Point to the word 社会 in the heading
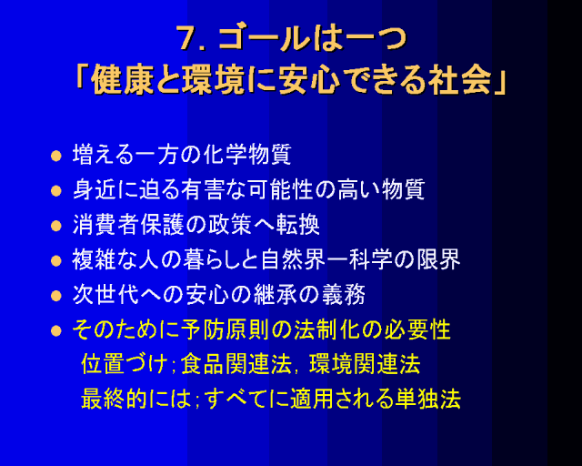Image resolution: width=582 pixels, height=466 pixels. (x=460, y=81)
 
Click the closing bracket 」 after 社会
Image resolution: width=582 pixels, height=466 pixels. (x=499, y=83)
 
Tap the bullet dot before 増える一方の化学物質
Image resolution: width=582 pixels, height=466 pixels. (x=56, y=156)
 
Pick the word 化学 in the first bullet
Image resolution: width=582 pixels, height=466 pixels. (x=225, y=154)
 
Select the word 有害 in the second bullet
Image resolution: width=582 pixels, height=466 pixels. (x=203, y=189)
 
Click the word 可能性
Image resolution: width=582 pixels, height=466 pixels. (x=280, y=189)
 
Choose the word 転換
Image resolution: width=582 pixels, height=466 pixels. (x=297, y=225)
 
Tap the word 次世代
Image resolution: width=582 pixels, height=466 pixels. (x=105, y=295)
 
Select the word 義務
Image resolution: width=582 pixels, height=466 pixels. (x=343, y=295)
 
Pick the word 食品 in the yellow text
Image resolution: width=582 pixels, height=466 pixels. (x=202, y=364)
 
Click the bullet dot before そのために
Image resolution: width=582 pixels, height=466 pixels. (x=56, y=330)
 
